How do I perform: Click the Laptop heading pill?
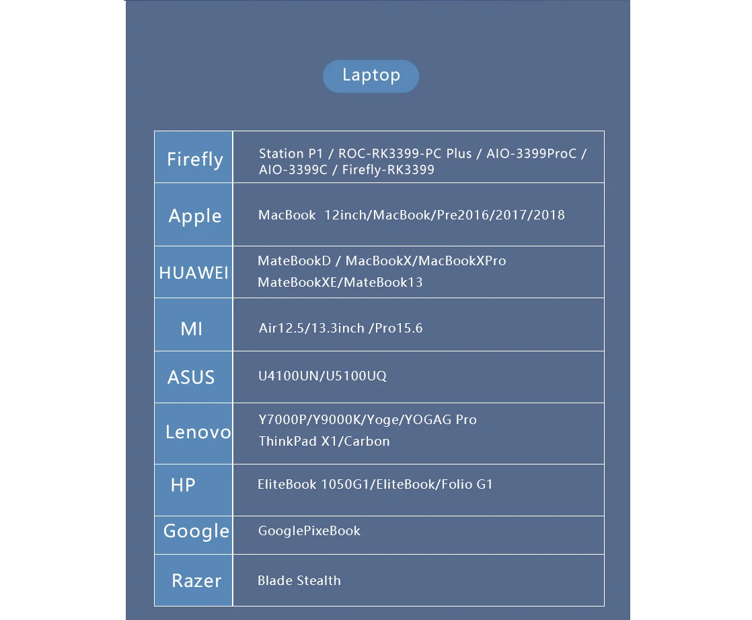[371, 76]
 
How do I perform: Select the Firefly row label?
[194, 160]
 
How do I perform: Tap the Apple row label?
[194, 216]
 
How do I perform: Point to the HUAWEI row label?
[194, 273]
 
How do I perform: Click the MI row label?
[192, 329]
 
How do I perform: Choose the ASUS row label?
[191, 377]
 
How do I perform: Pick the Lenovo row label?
[198, 432]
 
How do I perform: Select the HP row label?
[183, 485]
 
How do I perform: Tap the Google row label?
[196, 530]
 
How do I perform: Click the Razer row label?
[196, 580]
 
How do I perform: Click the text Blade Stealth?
[299, 580]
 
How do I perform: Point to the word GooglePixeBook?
[309, 530]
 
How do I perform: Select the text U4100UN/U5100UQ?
[323, 376]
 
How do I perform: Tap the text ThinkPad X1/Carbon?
[324, 442]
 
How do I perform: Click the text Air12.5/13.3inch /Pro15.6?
[340, 329]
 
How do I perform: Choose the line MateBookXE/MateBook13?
[340, 282]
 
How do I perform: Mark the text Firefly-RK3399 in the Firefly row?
[388, 170]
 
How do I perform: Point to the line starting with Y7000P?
[367, 420]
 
